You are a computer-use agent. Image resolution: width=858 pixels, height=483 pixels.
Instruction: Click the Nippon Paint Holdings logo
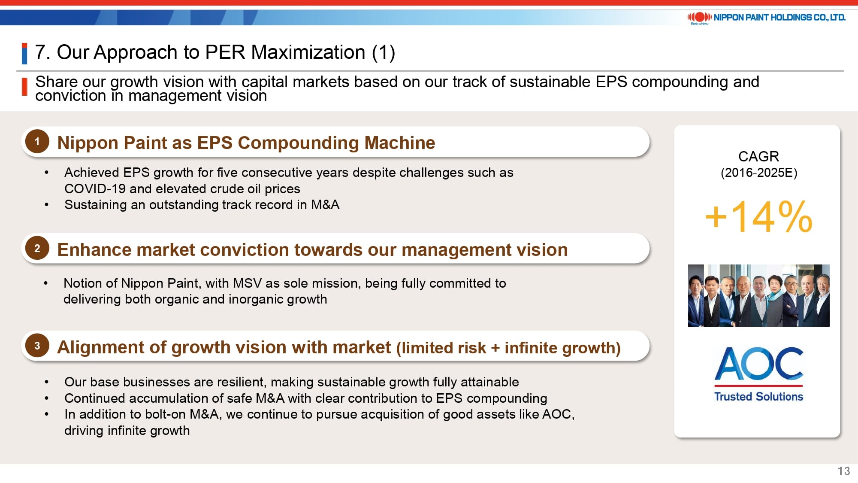click(x=766, y=18)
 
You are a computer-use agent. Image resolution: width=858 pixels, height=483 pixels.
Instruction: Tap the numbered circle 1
click(x=37, y=142)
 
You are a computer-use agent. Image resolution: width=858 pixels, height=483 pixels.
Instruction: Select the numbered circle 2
click(x=37, y=248)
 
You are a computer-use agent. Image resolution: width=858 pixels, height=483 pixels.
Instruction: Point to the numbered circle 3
click(x=37, y=346)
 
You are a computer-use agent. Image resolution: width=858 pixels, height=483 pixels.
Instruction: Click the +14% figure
click(x=758, y=217)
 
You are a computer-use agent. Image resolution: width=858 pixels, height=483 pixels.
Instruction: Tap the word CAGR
click(x=758, y=156)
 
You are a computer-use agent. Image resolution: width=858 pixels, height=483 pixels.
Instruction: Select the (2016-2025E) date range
click(x=758, y=173)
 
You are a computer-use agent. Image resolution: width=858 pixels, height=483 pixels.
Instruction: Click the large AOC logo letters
click(x=758, y=364)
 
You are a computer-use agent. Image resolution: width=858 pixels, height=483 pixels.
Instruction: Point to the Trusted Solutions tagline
click(x=758, y=396)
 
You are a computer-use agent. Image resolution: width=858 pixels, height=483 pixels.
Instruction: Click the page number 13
click(x=843, y=471)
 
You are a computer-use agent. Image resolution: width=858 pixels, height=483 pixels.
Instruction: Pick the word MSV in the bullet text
click(x=247, y=283)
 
